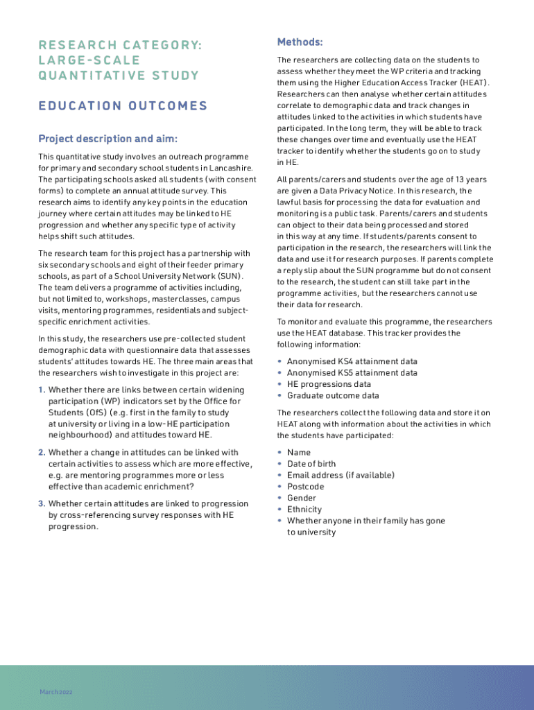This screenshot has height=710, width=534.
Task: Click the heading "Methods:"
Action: coord(300,42)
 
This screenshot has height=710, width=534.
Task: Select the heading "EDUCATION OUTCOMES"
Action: coord(123,106)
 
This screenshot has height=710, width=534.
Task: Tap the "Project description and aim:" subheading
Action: coord(107,138)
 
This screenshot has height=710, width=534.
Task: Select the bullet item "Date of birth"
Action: coord(311,464)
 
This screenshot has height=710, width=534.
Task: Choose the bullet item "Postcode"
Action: coord(305,487)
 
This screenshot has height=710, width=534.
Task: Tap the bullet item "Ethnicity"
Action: coord(304,510)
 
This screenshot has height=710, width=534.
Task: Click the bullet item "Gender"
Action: coord(301,498)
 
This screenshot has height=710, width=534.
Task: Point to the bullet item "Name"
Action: coord(299,452)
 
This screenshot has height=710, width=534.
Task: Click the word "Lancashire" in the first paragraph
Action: coord(232,168)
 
